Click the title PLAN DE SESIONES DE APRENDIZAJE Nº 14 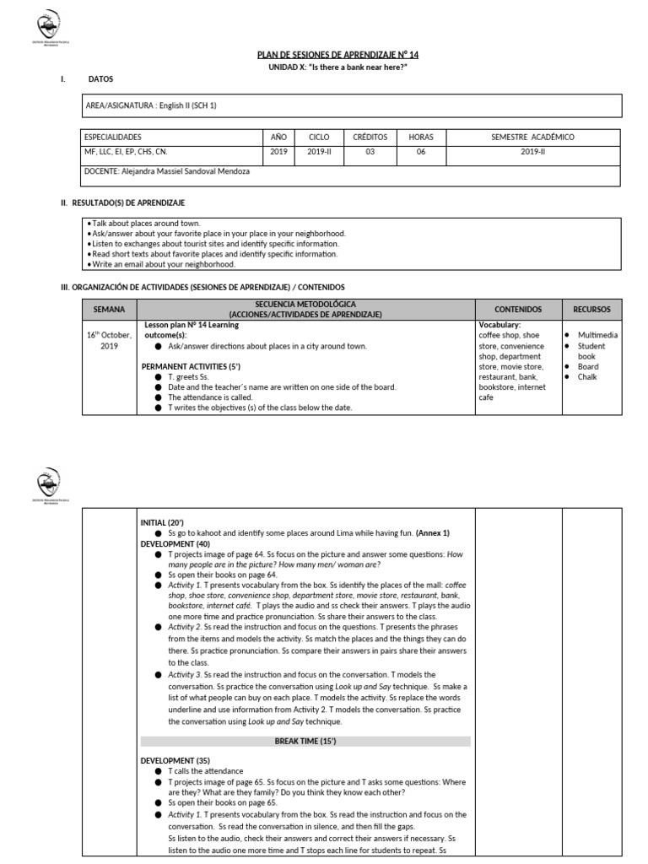tap(326, 55)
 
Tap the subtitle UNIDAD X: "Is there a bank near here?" tap(326, 67)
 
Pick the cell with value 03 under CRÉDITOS tap(370, 152)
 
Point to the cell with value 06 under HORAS tap(420, 152)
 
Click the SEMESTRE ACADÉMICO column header tap(532, 137)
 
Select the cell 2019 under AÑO tap(279, 152)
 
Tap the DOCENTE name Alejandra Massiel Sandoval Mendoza tap(166, 170)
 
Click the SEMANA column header tap(109, 309)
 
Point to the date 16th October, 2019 tap(109, 340)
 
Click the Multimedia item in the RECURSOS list tap(597, 335)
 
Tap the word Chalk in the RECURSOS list tap(587, 376)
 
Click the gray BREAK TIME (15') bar tap(305, 741)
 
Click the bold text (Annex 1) tap(433, 533)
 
